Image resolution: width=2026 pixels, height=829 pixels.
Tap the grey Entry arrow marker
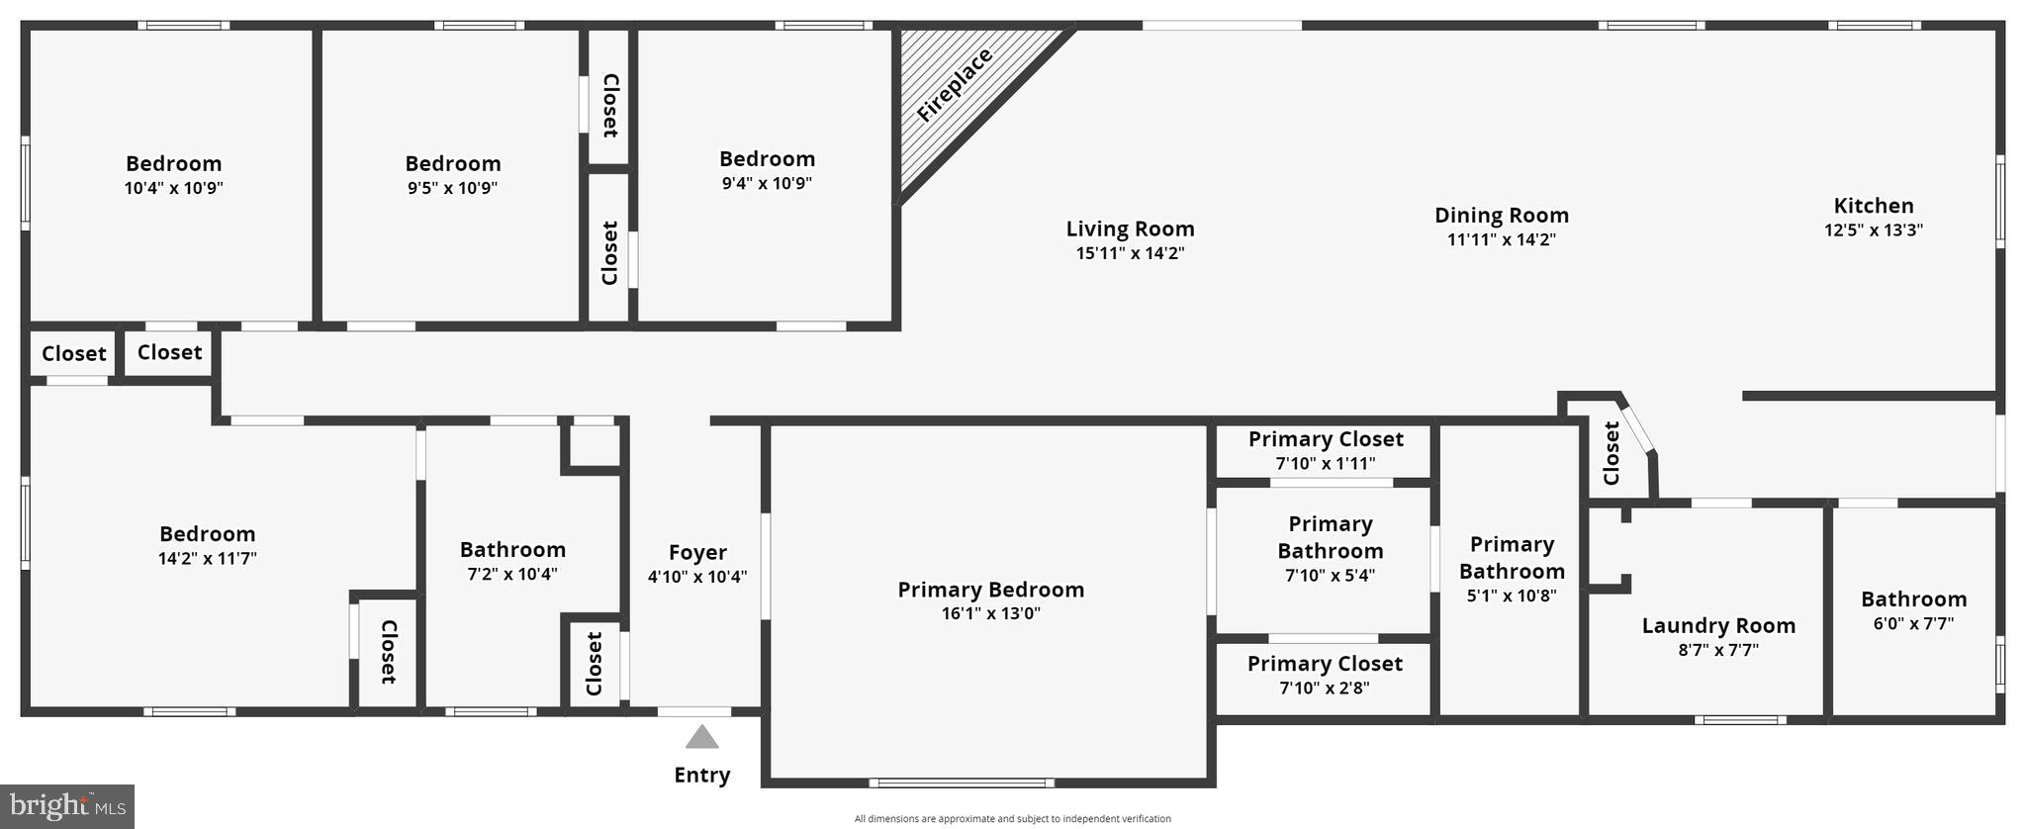[x=701, y=737]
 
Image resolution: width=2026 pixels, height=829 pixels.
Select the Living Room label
[x=1130, y=230]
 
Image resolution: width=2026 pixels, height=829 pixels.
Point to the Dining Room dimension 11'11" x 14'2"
[x=1502, y=239]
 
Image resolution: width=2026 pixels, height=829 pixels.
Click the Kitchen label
[x=1874, y=206]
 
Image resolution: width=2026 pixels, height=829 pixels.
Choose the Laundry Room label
[x=1718, y=626]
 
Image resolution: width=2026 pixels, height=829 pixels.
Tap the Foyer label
[x=697, y=553]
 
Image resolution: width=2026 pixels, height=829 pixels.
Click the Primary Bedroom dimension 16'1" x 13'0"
[x=990, y=613]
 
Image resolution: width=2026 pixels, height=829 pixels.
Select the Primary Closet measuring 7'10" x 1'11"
[x=1325, y=451]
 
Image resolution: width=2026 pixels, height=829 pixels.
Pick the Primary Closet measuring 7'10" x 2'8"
[x=1324, y=676]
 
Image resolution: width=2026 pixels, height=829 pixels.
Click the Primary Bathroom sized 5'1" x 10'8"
[x=1512, y=569]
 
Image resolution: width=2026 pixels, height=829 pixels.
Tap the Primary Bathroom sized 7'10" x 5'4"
[x=1330, y=549]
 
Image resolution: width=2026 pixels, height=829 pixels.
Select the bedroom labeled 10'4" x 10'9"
[x=173, y=175]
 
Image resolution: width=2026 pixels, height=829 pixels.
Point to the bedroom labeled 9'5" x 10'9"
[x=452, y=175]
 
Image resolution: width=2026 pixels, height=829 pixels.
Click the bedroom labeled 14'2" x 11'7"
[x=207, y=545]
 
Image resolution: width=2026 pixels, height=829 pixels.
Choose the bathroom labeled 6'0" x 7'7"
[x=1913, y=610]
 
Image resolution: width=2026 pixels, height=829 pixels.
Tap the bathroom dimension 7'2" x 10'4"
[x=512, y=574]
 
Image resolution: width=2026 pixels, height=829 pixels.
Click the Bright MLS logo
[x=67, y=806]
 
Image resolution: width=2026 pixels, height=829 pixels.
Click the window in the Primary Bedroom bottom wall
[x=962, y=783]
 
